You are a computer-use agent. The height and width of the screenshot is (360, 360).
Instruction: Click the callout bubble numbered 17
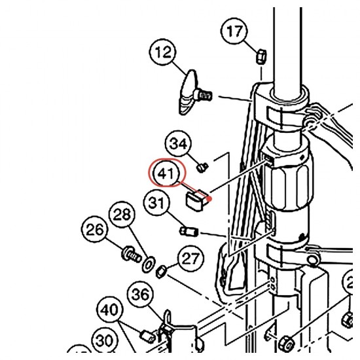(234, 31)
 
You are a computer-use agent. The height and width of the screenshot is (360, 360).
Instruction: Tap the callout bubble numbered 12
(163, 52)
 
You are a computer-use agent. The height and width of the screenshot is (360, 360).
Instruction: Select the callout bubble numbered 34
(178, 144)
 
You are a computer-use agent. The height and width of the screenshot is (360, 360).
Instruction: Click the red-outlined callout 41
(166, 173)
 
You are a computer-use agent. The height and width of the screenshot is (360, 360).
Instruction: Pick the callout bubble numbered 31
(157, 203)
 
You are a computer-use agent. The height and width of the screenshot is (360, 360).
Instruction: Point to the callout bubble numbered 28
(122, 214)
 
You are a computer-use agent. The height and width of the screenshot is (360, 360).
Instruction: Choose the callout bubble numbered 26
(94, 229)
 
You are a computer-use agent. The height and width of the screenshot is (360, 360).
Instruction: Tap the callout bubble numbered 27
(190, 258)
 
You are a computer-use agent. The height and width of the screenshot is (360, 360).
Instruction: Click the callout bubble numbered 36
(141, 295)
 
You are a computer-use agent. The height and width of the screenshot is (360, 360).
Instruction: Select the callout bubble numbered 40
(110, 310)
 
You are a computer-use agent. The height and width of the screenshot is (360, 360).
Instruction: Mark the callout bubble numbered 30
(105, 341)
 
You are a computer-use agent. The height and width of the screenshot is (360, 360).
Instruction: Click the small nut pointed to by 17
(261, 57)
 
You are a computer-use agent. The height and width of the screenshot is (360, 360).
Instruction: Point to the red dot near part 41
(209, 199)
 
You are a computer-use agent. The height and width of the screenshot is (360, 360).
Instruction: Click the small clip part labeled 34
(202, 167)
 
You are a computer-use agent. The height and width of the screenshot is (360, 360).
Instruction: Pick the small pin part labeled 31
(189, 231)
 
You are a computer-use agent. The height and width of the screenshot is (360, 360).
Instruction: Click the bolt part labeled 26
(131, 254)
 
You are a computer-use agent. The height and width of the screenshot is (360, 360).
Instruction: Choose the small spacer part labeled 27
(162, 271)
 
